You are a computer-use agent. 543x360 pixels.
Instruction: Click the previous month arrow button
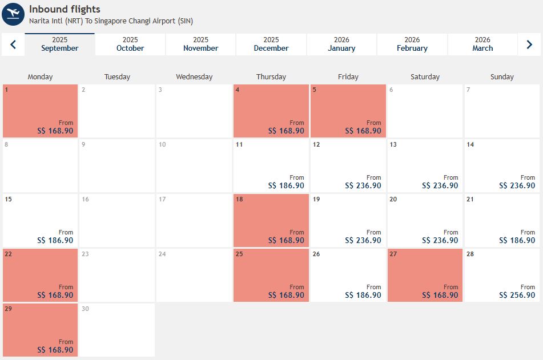[x=13, y=45]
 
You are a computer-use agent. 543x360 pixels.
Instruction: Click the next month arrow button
[x=529, y=45]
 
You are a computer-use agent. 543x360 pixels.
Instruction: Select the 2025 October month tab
[x=130, y=45]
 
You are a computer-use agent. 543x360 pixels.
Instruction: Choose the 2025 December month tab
[x=271, y=45]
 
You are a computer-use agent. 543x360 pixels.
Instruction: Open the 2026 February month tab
[x=412, y=45]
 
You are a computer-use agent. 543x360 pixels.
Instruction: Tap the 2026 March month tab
[x=482, y=45]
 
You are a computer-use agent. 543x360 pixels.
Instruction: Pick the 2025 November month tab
[x=200, y=45]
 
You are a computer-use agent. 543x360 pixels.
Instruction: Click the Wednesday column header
[x=194, y=76]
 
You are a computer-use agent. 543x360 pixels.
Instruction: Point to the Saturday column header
[x=425, y=76]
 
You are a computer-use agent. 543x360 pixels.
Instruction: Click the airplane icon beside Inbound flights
[x=13, y=14]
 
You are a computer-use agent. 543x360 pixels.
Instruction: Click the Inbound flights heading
[x=65, y=9]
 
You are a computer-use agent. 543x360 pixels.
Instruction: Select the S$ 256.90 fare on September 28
[x=517, y=295]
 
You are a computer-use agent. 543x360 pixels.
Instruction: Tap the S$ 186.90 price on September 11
[x=286, y=185]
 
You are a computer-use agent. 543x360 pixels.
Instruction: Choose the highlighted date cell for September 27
[x=425, y=275]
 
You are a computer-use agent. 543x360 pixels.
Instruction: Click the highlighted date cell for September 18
[x=271, y=220]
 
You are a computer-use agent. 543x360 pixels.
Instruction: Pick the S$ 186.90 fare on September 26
[x=363, y=295]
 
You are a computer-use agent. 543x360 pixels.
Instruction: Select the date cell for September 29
[x=40, y=330]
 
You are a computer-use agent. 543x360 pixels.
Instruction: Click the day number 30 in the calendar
[x=85, y=309]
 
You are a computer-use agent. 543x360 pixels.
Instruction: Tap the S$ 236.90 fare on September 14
[x=517, y=185]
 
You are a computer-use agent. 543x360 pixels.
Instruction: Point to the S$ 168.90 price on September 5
[x=363, y=131]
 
